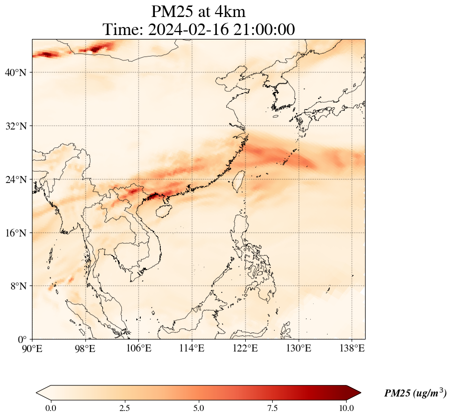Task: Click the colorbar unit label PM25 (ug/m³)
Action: coord(415,393)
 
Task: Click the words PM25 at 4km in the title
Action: coord(198,11)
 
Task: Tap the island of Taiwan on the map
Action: coord(239,181)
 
